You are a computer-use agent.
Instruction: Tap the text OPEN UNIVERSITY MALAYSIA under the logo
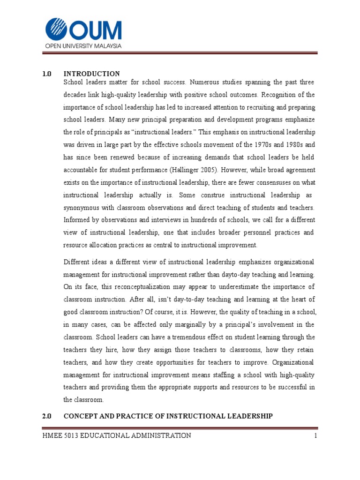[x=83, y=46]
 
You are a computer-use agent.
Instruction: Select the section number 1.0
[x=46, y=74]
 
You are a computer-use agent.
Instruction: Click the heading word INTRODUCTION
[x=92, y=74]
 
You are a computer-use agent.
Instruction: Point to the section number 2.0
[x=46, y=416]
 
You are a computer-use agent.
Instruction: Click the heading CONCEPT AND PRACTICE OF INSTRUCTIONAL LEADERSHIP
[x=167, y=416]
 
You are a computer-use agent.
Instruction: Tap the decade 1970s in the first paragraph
[x=259, y=144]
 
